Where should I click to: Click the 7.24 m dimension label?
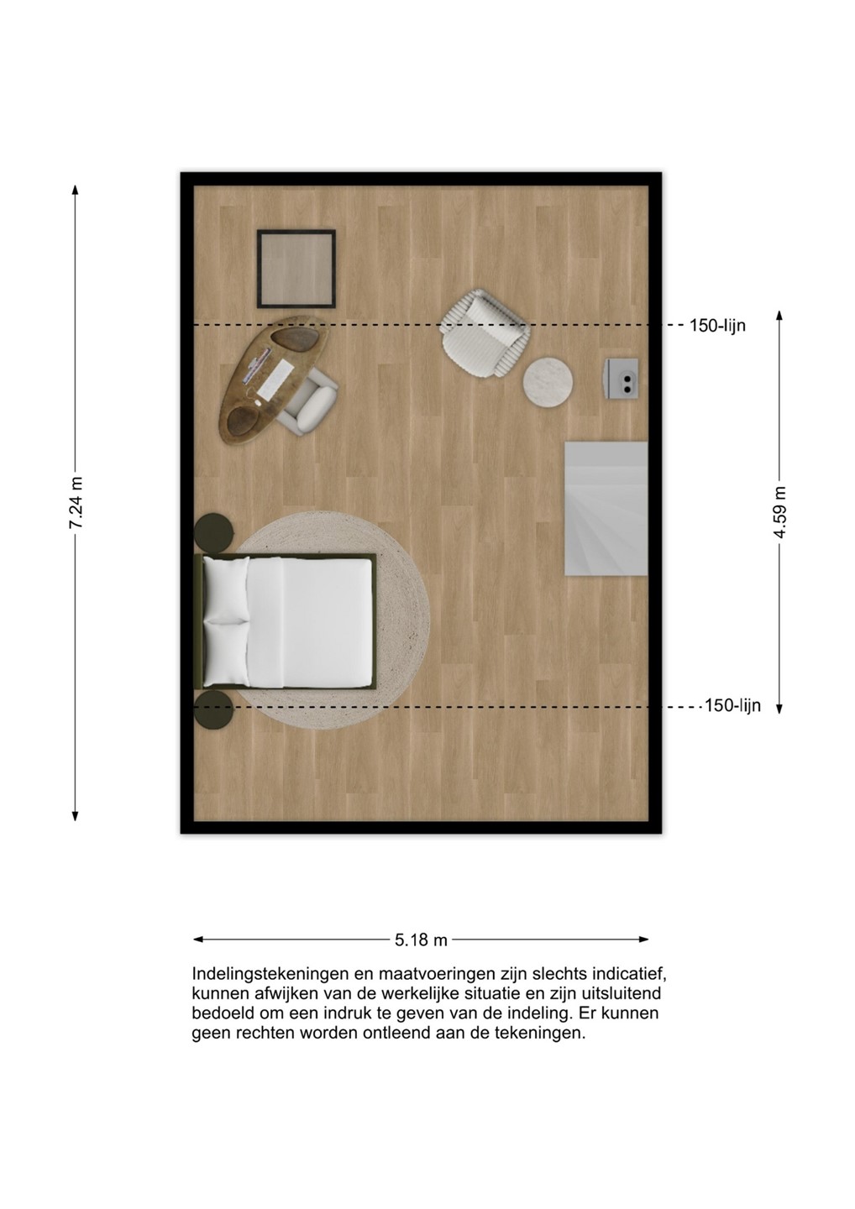(76, 502)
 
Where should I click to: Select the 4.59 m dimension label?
(780, 512)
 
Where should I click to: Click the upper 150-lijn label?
(717, 326)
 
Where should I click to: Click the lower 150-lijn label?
(732, 705)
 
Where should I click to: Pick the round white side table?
(548, 381)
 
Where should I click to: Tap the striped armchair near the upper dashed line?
(485, 333)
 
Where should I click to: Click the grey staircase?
(606, 509)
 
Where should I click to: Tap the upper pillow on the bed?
(226, 589)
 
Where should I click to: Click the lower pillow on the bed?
(226, 652)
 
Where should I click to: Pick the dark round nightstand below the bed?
(213, 709)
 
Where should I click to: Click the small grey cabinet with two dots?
(621, 379)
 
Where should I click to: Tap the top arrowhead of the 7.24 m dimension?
(75, 189)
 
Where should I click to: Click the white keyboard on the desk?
(275, 377)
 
